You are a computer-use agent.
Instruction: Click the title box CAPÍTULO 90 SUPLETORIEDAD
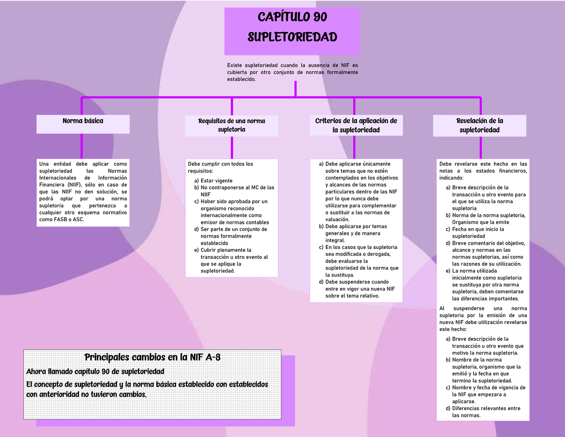coord(292,31)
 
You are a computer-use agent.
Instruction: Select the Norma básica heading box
coord(83,124)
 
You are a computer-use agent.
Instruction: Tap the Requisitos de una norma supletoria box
coord(231,125)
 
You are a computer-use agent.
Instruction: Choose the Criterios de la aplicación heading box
coord(356,125)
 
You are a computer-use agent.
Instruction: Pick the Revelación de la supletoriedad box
coord(479,125)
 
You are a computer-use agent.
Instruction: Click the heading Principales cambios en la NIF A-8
coord(152,358)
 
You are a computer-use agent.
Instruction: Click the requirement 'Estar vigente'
coord(216,181)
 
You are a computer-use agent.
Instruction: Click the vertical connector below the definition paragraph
coord(295,89)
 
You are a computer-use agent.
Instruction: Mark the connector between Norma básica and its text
coord(82,146)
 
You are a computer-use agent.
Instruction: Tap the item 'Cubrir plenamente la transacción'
coord(234,260)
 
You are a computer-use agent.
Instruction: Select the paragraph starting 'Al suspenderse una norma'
coord(483,319)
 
